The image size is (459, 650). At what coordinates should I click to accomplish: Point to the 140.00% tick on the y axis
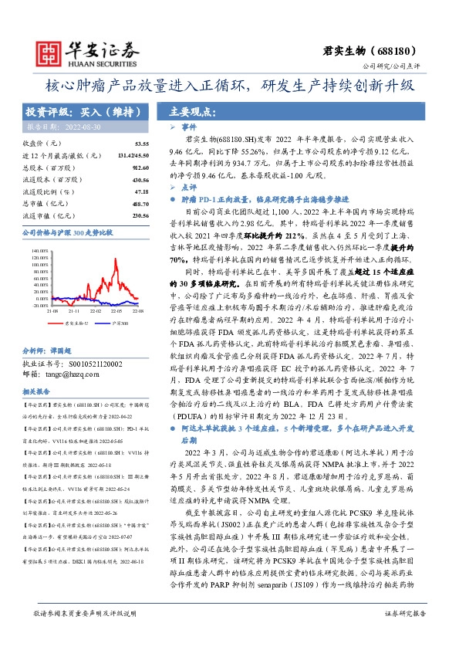point(39,251)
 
